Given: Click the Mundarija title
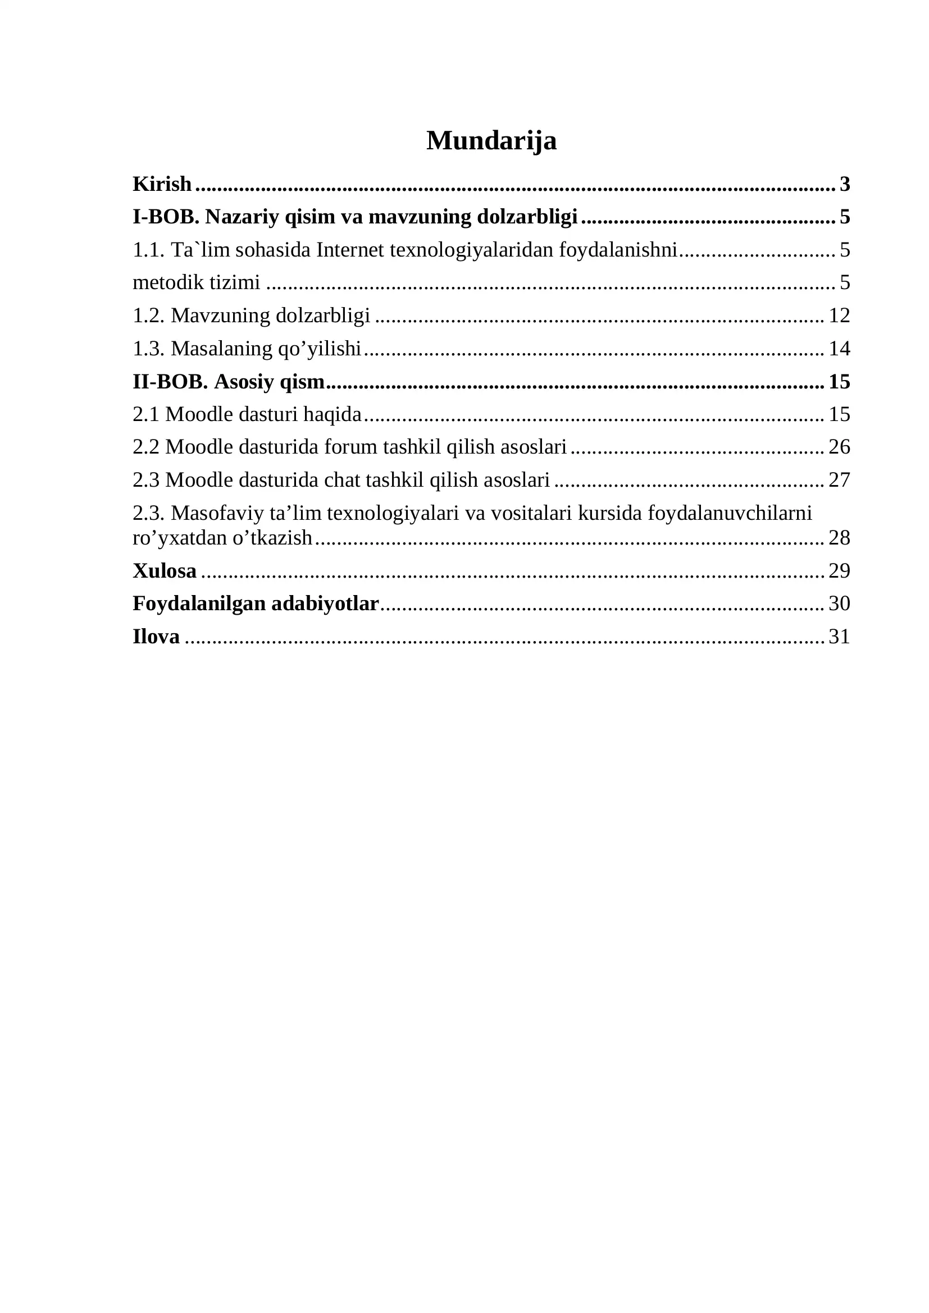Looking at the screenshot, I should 491,141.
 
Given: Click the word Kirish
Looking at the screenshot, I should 162,184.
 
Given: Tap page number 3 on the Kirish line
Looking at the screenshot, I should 844,184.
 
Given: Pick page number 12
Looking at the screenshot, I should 839,315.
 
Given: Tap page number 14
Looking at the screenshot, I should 839,348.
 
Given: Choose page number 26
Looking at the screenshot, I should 839,447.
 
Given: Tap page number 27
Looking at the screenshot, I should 839,480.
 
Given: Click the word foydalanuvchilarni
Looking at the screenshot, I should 730,513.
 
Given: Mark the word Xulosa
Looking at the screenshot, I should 165,571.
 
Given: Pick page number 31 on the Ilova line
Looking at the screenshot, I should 839,637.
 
